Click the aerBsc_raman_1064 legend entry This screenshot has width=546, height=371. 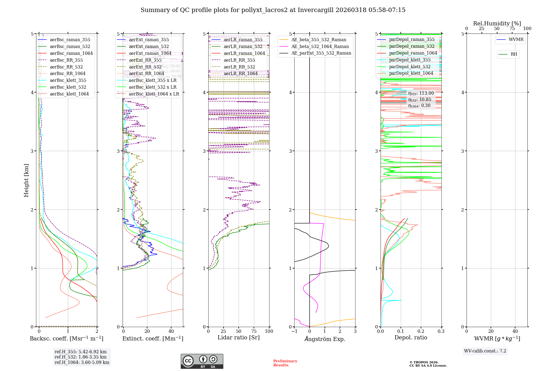point(71,53)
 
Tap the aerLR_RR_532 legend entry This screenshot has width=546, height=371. point(239,67)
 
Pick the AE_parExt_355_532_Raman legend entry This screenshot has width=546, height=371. point(321,53)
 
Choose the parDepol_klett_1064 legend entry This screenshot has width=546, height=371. point(411,73)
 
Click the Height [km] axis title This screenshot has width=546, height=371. point(26,180)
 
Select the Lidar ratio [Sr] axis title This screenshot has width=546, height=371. point(239,337)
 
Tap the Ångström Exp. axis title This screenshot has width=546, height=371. point(325,339)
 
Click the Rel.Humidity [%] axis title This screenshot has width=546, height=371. point(497,23)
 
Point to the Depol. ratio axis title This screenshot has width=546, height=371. point(411,337)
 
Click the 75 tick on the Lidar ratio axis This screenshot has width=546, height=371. point(254,331)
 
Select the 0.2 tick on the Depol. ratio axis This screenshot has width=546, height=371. point(421,331)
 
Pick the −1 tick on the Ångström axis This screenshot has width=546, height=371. point(294,331)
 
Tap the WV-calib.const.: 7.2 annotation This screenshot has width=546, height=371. point(485,351)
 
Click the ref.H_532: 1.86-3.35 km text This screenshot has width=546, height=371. point(81,357)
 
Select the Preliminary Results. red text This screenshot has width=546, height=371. point(285,363)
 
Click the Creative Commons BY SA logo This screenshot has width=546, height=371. point(202,361)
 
